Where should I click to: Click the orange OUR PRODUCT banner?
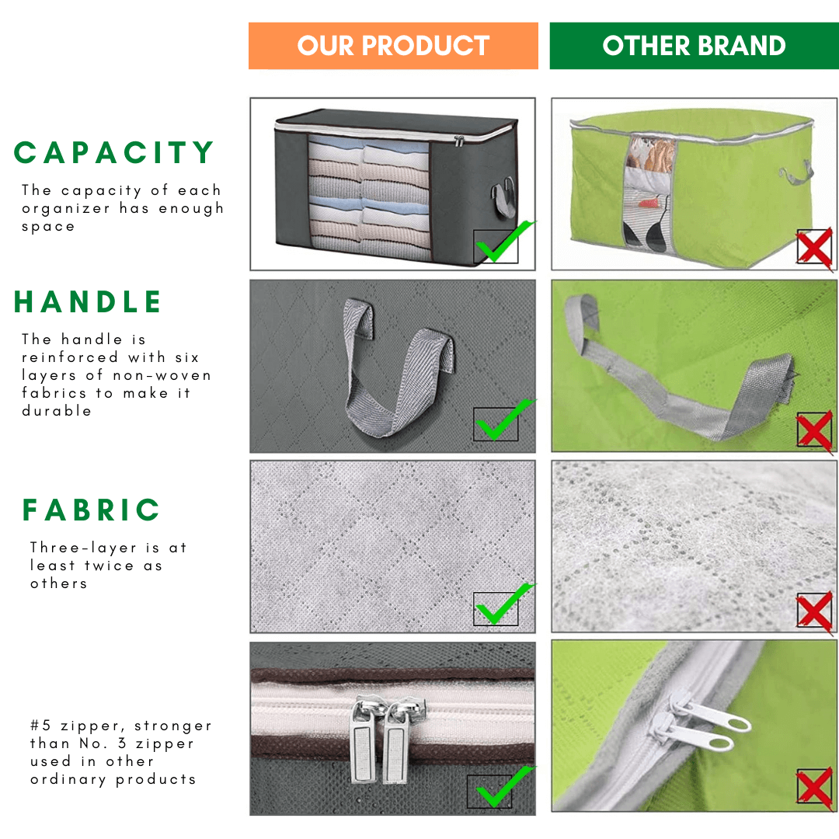[x=393, y=46]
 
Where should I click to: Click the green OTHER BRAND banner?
[x=694, y=46]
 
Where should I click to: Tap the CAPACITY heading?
[x=114, y=152]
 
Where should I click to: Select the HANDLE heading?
[x=87, y=301]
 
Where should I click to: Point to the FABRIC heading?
[x=91, y=510]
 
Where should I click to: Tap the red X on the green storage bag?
[x=814, y=247]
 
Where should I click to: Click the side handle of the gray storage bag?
[x=503, y=199]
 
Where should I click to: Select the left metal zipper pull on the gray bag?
[x=362, y=741]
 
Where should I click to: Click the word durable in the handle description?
[x=57, y=411]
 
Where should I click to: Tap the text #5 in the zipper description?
[x=40, y=726]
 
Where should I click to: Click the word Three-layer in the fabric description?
[x=83, y=548]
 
